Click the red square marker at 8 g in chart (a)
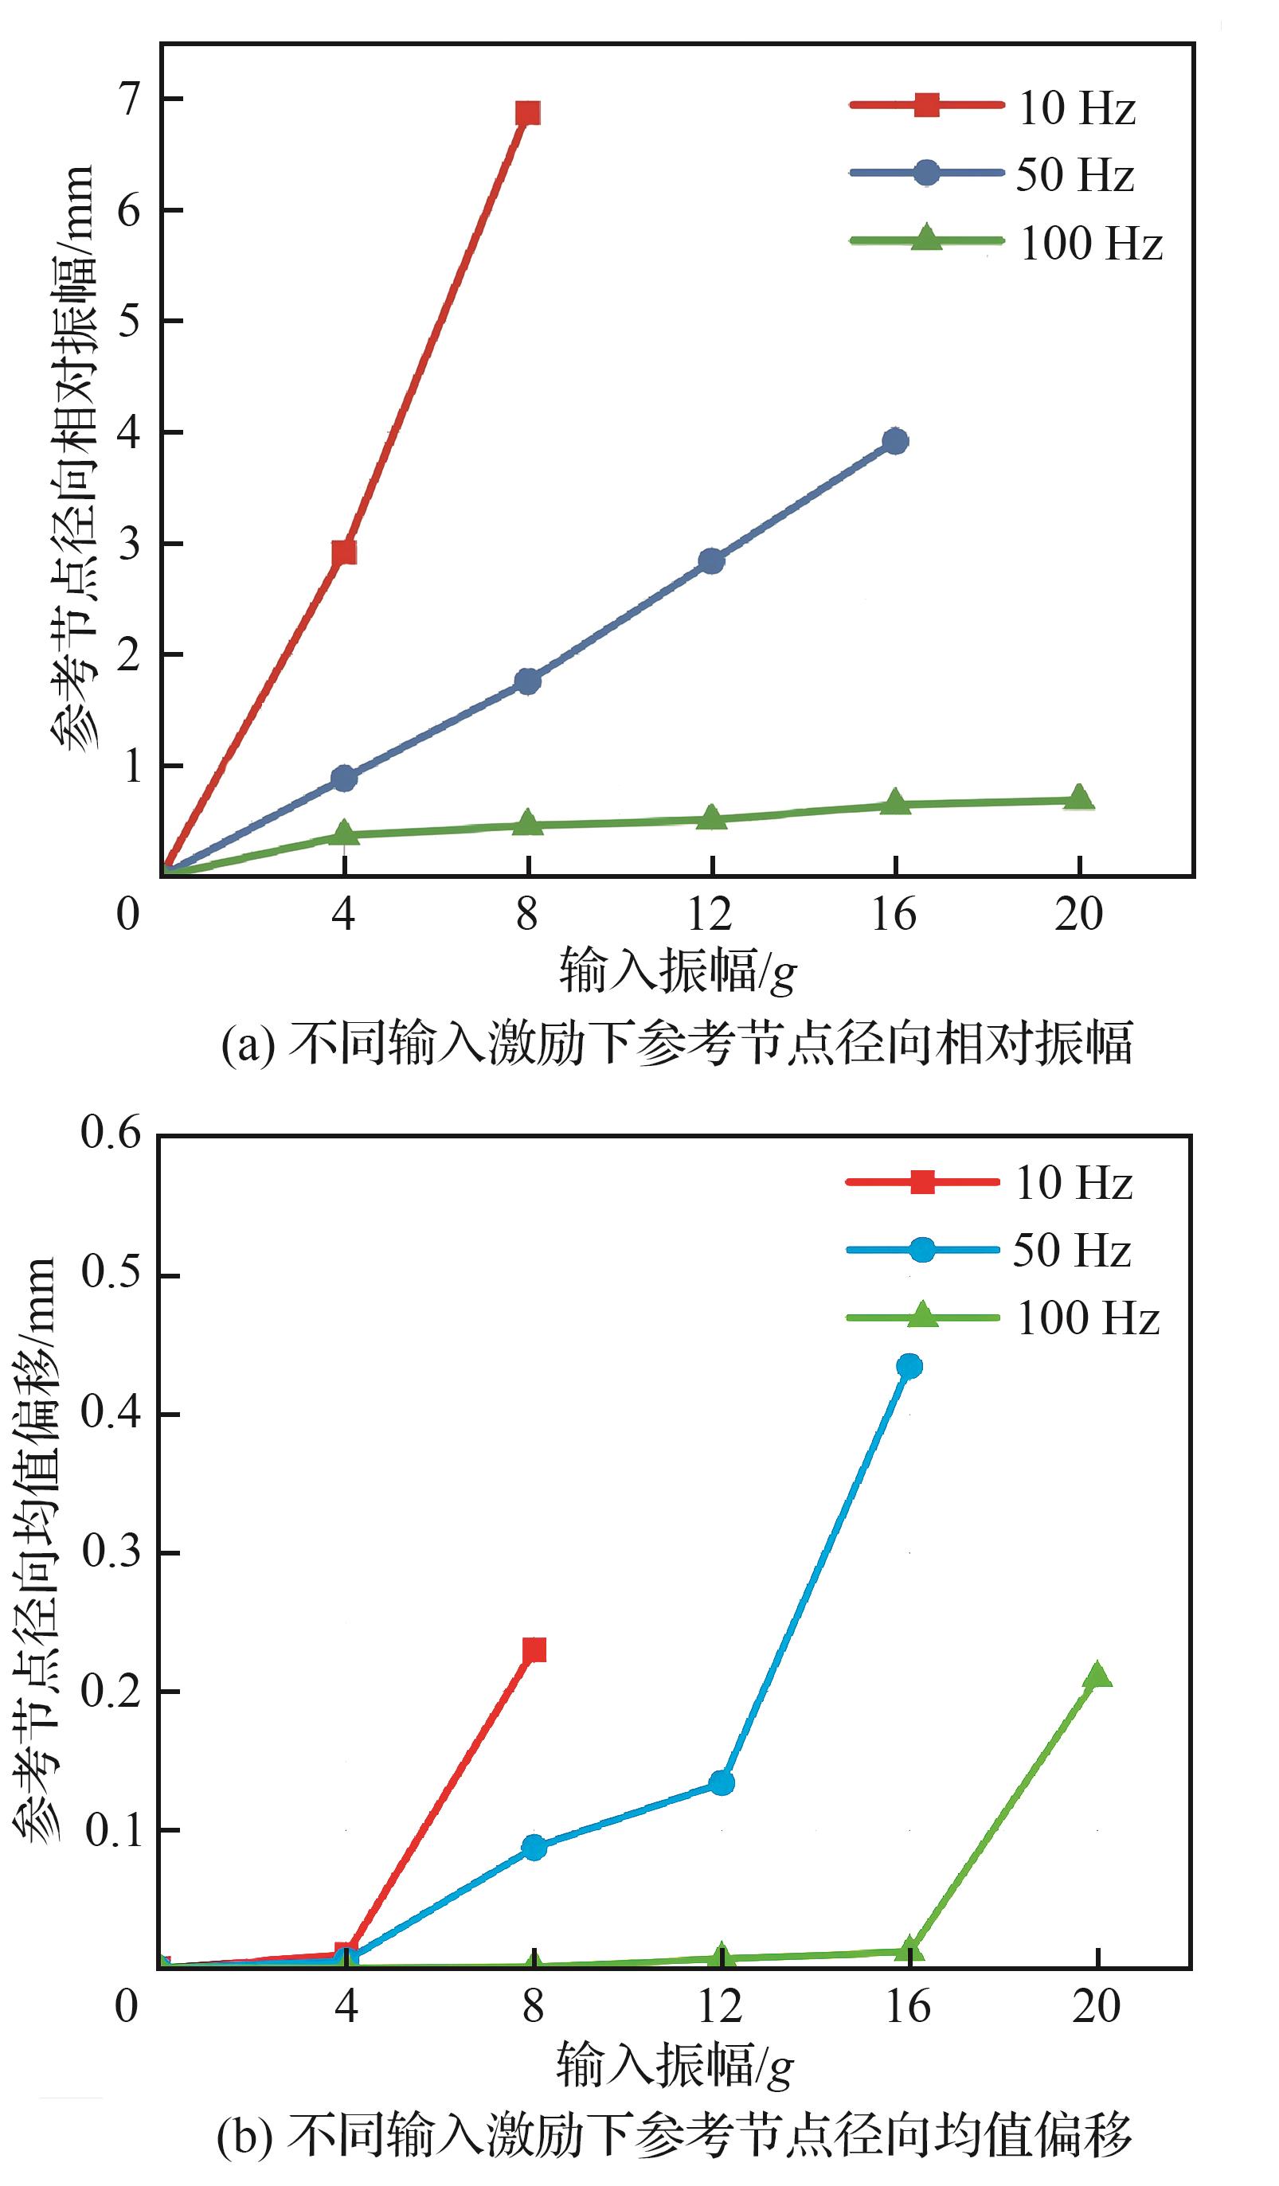pyautogui.click(x=527, y=113)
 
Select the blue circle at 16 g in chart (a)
pyautogui.click(x=895, y=441)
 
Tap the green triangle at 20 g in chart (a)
pyautogui.click(x=1078, y=797)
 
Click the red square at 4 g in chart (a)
pyautogui.click(x=345, y=552)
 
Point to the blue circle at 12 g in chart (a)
pyautogui.click(x=711, y=560)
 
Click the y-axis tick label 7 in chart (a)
pyautogui.click(x=129, y=100)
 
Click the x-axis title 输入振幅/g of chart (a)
pyautogui.click(x=677, y=970)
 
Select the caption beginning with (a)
pyautogui.click(x=677, y=1043)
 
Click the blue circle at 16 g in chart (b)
pyautogui.click(x=909, y=1366)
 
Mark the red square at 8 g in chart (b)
pyautogui.click(x=534, y=1649)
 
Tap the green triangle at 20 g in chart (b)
pyautogui.click(x=1097, y=1673)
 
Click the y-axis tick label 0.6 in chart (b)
pyautogui.click(x=112, y=1133)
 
